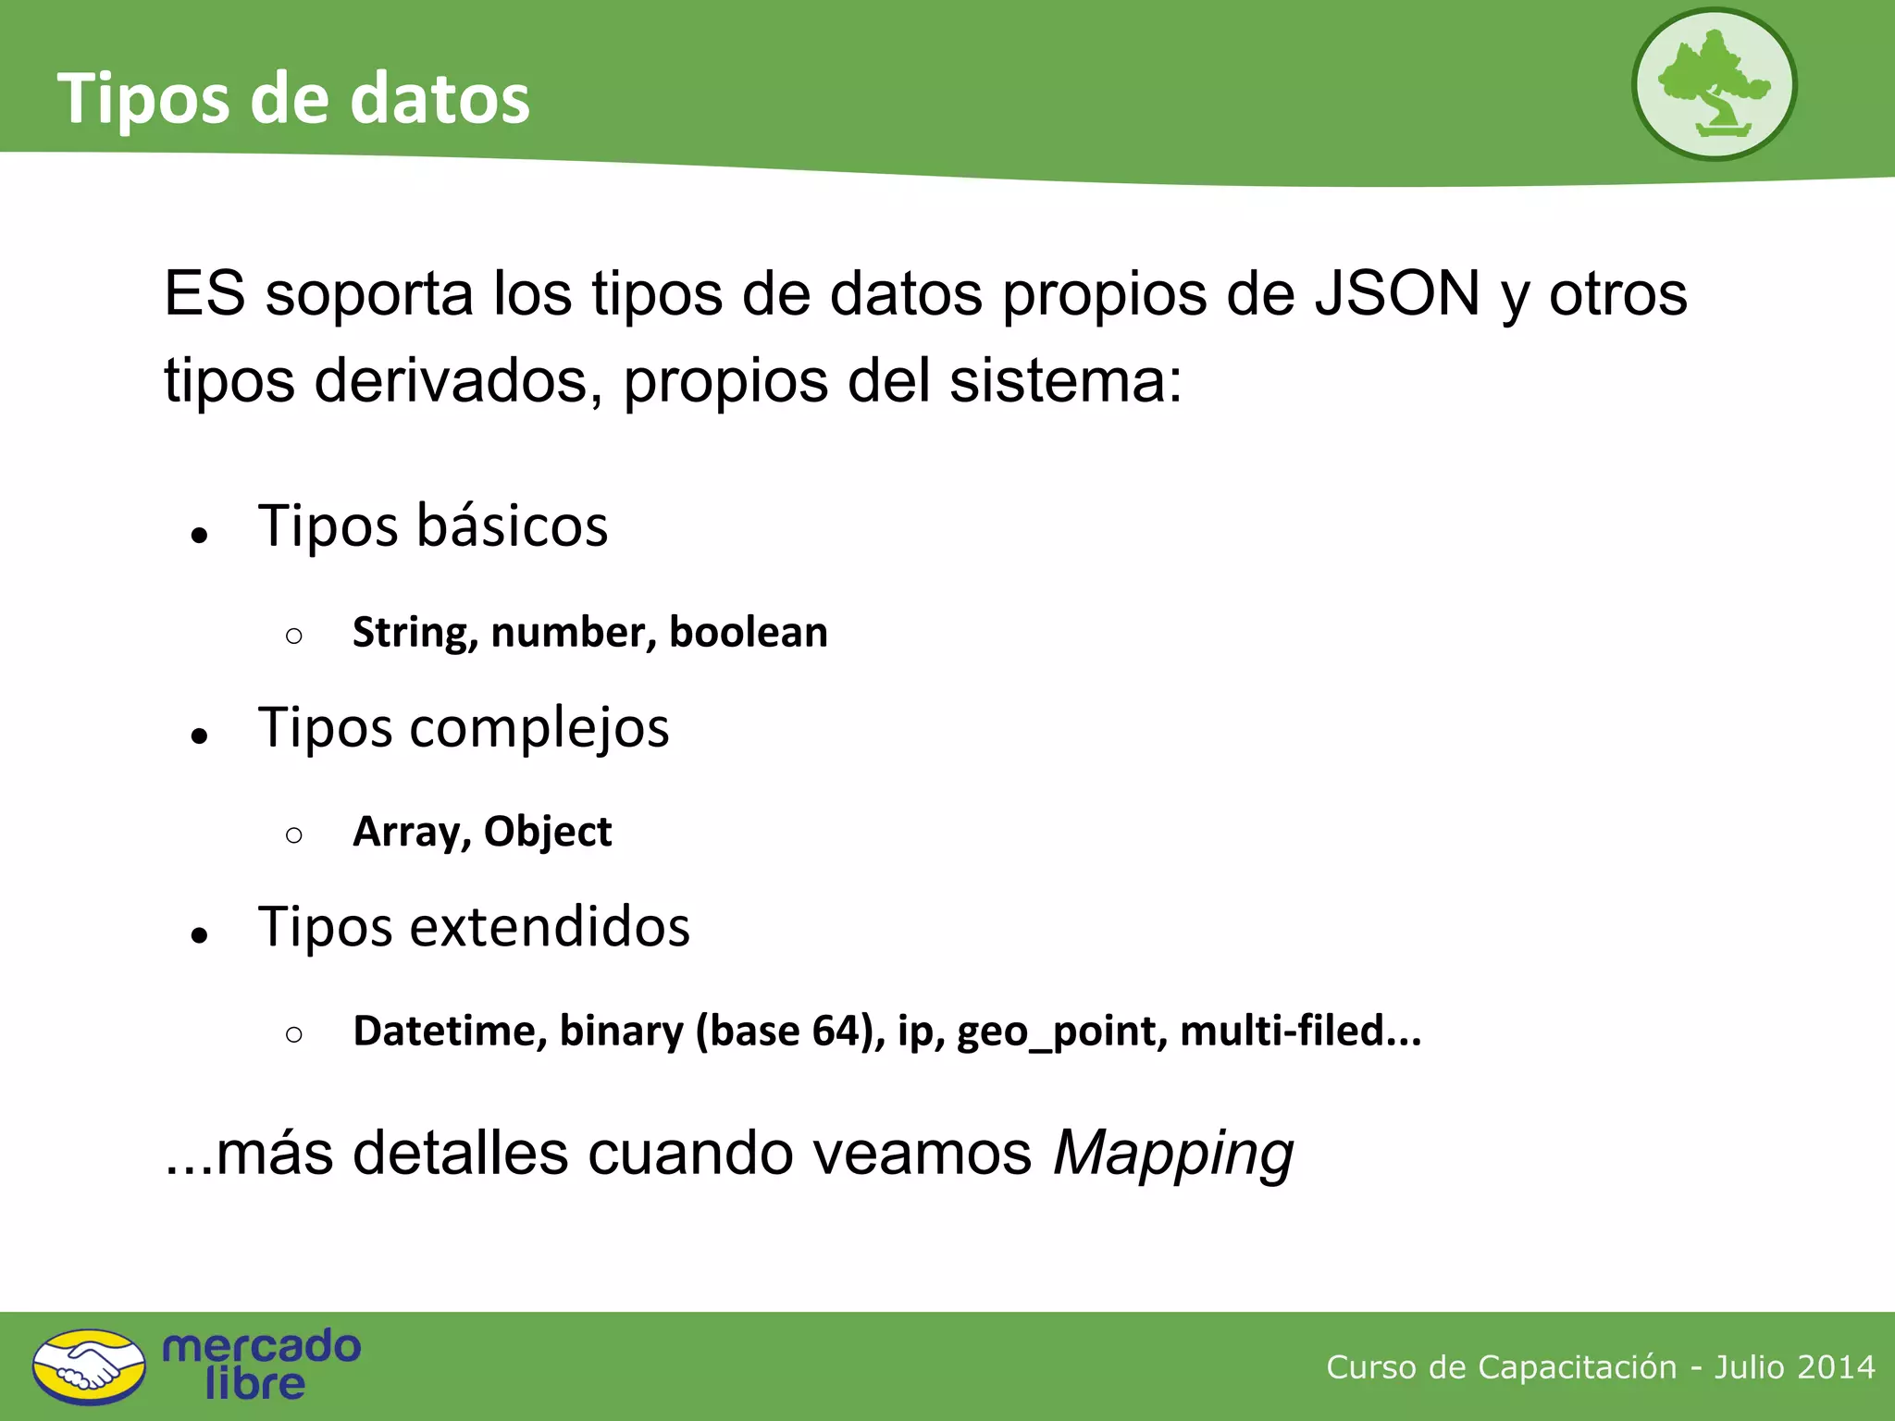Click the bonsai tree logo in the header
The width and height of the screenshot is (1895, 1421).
pos(1714,84)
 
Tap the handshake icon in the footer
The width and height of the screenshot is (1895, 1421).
pos(89,1366)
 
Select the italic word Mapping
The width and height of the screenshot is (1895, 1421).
pos(1173,1154)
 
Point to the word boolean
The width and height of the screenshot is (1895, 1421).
pos(748,633)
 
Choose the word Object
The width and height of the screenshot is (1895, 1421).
pos(548,832)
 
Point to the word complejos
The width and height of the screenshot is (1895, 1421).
pos(539,728)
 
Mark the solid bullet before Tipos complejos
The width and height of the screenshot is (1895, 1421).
pos(199,736)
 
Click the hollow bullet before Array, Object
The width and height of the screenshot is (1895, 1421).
pos(294,835)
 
